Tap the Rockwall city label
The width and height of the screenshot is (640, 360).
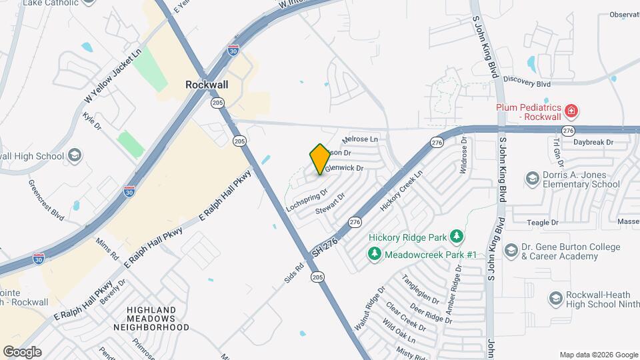pyautogui.click(x=207, y=85)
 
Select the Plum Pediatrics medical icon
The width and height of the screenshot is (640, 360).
pyautogui.click(x=571, y=111)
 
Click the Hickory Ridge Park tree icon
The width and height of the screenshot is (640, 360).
pyautogui.click(x=457, y=237)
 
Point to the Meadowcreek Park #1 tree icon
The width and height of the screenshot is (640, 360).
pyautogui.click(x=375, y=254)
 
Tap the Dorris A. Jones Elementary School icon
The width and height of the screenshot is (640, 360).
pyautogui.click(x=532, y=178)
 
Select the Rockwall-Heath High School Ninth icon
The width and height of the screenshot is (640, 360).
pyautogui.click(x=555, y=297)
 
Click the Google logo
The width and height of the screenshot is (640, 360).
pyautogui.click(x=22, y=352)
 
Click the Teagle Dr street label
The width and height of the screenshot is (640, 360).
pyautogui.click(x=542, y=223)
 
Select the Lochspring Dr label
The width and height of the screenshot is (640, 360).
pyautogui.click(x=307, y=200)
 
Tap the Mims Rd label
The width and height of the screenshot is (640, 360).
pyautogui.click(x=107, y=250)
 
